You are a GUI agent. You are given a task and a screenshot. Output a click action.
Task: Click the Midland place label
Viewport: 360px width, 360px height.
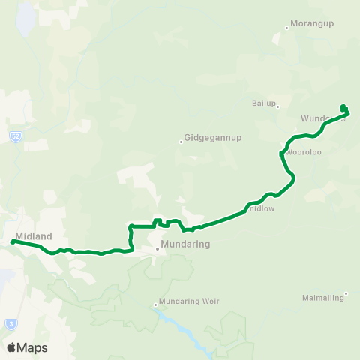coord(34,236)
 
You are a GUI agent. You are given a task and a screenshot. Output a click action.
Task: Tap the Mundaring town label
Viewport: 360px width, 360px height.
coord(183,244)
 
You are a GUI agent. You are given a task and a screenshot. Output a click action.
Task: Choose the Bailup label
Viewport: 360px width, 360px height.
coord(265,103)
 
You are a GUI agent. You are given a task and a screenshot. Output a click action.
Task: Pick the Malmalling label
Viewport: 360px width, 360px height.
coord(323,297)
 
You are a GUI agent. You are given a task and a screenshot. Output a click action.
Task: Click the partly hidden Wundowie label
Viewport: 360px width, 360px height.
coord(321,118)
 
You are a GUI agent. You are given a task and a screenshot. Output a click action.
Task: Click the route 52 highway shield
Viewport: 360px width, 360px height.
coord(15,136)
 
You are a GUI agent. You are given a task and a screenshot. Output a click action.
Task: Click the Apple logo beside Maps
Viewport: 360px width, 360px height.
coord(11,347)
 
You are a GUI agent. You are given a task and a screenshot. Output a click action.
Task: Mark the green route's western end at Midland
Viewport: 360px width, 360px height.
coord(13,241)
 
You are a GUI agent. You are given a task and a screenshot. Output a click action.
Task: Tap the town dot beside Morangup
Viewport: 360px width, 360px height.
coord(286,29)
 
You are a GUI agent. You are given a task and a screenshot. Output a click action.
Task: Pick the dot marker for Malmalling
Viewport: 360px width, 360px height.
coord(346,293)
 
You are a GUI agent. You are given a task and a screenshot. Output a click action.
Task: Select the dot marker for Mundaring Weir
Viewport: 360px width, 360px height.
coord(156,304)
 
